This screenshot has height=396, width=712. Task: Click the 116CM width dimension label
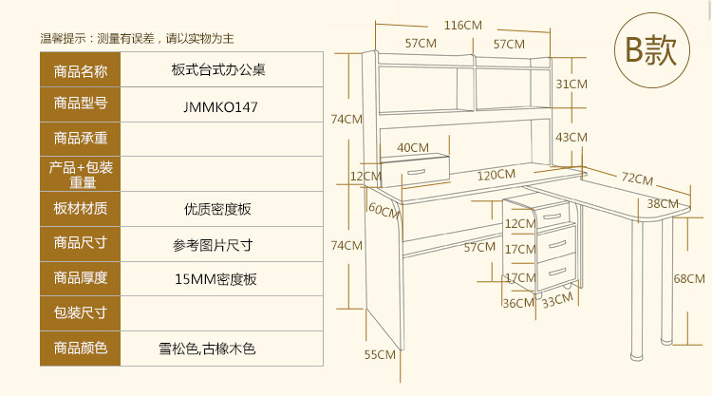click(462, 25)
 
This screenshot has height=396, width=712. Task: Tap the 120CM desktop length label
click(496, 175)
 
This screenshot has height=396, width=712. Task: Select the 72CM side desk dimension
click(637, 179)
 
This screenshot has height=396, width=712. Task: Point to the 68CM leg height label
click(689, 278)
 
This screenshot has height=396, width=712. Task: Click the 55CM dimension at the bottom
click(379, 354)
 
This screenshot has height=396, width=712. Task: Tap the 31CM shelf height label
click(571, 85)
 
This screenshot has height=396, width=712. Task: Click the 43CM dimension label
click(571, 137)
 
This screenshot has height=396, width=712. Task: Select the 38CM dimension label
click(663, 203)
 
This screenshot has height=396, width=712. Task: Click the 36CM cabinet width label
click(517, 304)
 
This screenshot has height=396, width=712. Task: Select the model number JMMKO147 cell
click(220, 107)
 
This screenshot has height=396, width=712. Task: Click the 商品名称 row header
click(81, 72)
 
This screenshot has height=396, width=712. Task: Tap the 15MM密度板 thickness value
click(215, 279)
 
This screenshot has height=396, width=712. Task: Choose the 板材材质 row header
click(81, 209)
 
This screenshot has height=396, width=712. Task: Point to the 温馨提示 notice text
click(137, 39)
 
